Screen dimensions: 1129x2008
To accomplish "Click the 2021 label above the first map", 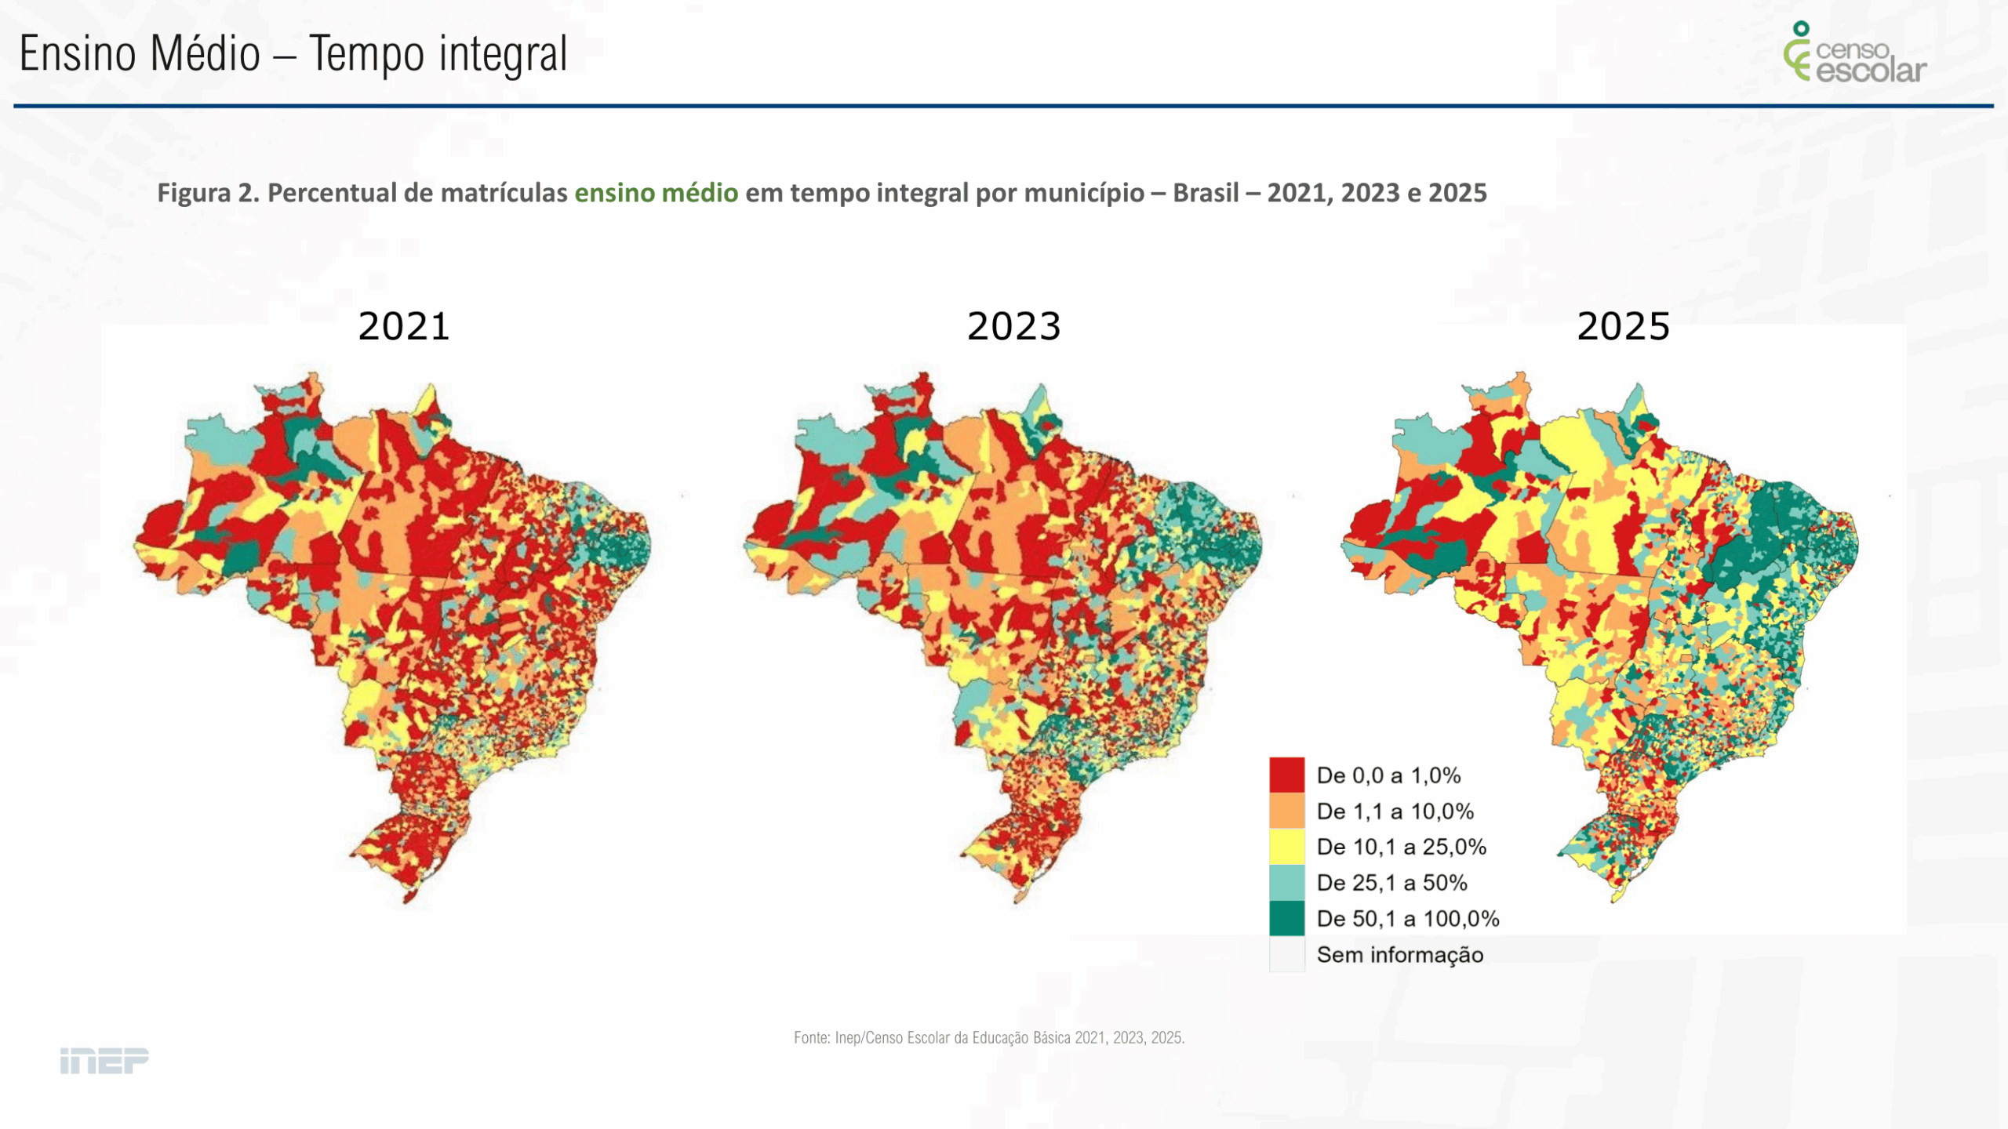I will point(404,326).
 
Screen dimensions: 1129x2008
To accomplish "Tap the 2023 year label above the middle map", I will point(1013,326).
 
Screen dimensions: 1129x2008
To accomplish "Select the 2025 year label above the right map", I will point(1623,326).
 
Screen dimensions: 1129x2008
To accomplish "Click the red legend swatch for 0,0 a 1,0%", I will point(1286,775).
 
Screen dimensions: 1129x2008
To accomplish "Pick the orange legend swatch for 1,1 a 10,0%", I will point(1286,811).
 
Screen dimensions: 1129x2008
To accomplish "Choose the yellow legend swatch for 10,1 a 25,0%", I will point(1286,847).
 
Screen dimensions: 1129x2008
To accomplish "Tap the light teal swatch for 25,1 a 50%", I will point(1286,883).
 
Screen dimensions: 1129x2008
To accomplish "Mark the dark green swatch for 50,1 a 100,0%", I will point(1286,918).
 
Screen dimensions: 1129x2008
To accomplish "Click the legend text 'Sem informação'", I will point(1399,955).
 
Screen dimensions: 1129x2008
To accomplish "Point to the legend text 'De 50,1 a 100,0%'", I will point(1408,919).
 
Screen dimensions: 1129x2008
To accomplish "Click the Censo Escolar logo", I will point(1854,53).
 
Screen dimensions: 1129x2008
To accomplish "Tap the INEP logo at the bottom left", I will point(104,1061).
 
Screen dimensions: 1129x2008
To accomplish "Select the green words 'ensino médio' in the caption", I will point(656,193).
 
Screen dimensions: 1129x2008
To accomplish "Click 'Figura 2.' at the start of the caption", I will point(208,193).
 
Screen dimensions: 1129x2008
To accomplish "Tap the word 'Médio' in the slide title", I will point(205,55).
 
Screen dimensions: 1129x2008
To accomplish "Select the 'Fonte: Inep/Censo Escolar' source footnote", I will point(989,1038).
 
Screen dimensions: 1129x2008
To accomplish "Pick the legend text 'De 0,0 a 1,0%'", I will point(1388,775).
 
